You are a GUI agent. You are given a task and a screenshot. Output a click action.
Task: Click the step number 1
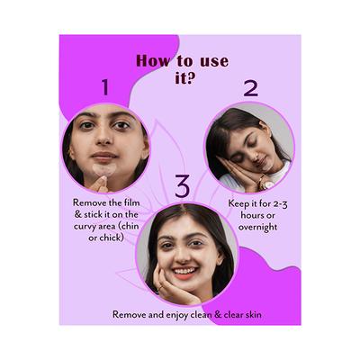point(104,87)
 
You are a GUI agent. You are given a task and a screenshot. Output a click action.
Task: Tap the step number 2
point(250,87)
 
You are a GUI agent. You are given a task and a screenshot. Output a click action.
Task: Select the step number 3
point(182,187)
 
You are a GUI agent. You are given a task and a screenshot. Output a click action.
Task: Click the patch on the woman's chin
point(106,167)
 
